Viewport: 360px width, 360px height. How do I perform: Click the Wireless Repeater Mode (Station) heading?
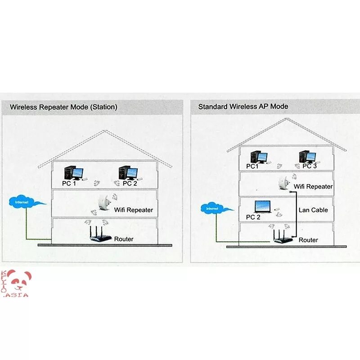[63, 107]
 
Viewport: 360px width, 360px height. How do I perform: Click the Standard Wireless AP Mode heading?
[243, 107]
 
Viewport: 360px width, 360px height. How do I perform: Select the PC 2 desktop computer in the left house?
[128, 173]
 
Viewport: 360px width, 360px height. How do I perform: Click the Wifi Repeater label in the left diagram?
[133, 210]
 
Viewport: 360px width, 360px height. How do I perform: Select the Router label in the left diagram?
[124, 239]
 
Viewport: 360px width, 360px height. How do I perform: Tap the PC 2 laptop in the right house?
[262, 207]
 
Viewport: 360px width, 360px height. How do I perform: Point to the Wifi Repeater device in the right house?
[283, 183]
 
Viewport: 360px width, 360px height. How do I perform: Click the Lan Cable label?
[313, 210]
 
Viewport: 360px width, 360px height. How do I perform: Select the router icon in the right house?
[283, 237]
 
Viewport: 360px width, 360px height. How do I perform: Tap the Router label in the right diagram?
[308, 240]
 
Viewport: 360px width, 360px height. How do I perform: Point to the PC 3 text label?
[310, 166]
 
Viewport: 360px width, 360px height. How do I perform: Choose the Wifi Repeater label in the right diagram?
[313, 186]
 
